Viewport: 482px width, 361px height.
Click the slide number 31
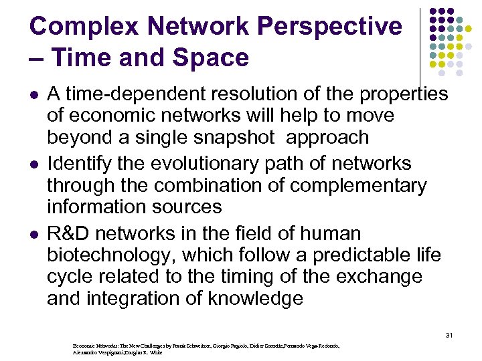(x=449, y=334)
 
